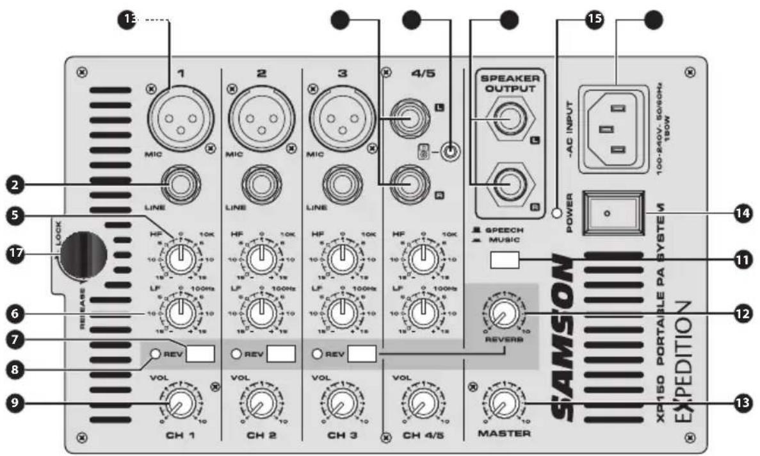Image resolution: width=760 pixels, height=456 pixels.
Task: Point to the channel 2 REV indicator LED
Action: (236, 354)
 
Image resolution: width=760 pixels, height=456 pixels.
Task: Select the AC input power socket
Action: (610, 128)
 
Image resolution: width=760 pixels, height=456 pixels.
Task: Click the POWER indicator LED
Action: (558, 212)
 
